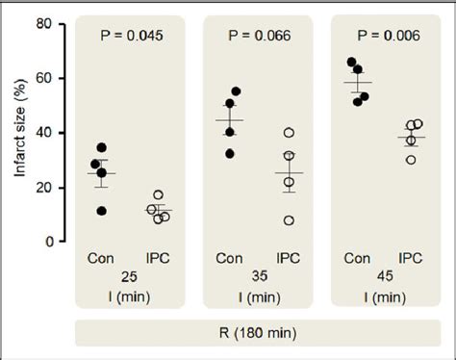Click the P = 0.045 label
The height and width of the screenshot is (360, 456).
click(x=134, y=37)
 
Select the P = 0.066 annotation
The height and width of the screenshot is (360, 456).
click(x=258, y=37)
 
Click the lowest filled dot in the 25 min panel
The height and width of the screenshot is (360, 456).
click(x=102, y=211)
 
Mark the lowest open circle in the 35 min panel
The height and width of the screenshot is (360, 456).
click(x=289, y=220)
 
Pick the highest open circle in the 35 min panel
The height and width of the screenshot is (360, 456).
click(x=289, y=133)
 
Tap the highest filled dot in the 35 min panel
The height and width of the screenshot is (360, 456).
click(x=237, y=91)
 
